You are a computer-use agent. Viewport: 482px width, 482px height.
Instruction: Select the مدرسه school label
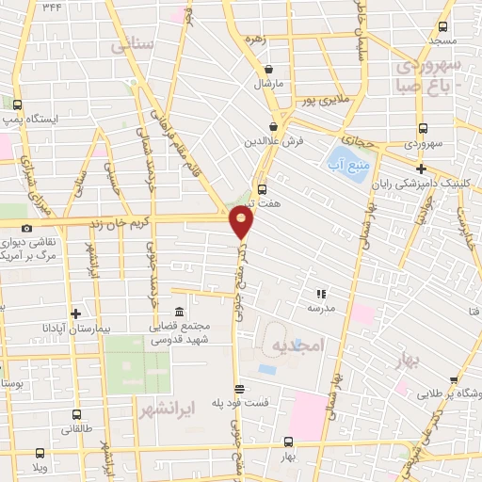(321, 308)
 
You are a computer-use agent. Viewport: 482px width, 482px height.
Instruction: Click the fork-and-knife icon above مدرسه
(321, 294)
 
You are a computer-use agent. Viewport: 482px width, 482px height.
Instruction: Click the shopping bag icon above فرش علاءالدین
(273, 125)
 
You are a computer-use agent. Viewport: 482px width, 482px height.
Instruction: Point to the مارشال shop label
(268, 83)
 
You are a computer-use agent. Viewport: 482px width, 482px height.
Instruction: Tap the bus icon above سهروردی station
(421, 130)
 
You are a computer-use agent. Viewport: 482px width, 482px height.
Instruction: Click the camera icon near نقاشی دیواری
(26, 228)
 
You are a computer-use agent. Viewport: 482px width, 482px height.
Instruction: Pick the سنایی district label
(131, 44)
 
